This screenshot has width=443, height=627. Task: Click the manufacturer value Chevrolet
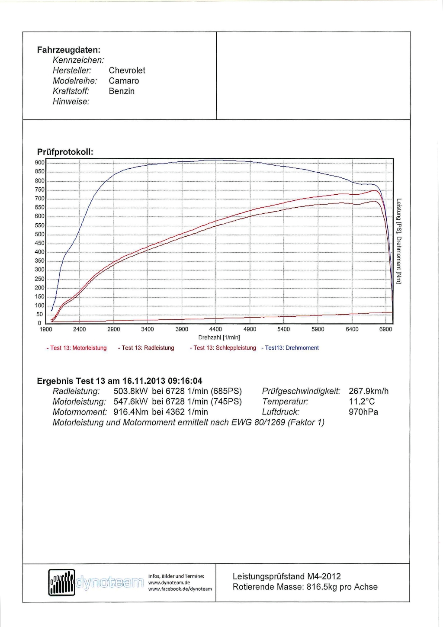point(127,71)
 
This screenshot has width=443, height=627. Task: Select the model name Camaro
point(124,81)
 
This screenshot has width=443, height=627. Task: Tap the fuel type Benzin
point(122,91)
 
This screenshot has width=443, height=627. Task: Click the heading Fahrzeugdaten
point(68,50)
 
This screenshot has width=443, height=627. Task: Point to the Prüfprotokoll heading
point(65,152)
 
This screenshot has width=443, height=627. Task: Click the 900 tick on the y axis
point(39,163)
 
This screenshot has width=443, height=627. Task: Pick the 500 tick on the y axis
point(39,235)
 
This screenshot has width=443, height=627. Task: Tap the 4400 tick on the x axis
point(215,329)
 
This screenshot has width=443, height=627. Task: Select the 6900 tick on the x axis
point(385,329)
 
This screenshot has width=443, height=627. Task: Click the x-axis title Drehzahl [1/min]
point(219,338)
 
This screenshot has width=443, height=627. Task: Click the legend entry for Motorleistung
point(77,348)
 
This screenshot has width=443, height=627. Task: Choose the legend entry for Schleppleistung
point(223,348)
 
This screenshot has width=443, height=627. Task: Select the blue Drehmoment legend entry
point(290,348)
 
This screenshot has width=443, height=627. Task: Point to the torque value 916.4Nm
point(131,412)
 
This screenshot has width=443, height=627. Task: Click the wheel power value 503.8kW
point(131,391)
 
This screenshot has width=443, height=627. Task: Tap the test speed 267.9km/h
point(369,391)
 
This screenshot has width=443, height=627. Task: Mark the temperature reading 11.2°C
point(362,402)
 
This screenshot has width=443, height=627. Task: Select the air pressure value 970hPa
point(363,412)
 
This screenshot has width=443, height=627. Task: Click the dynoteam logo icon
point(62,582)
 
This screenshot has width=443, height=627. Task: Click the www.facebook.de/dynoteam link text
point(180,589)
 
